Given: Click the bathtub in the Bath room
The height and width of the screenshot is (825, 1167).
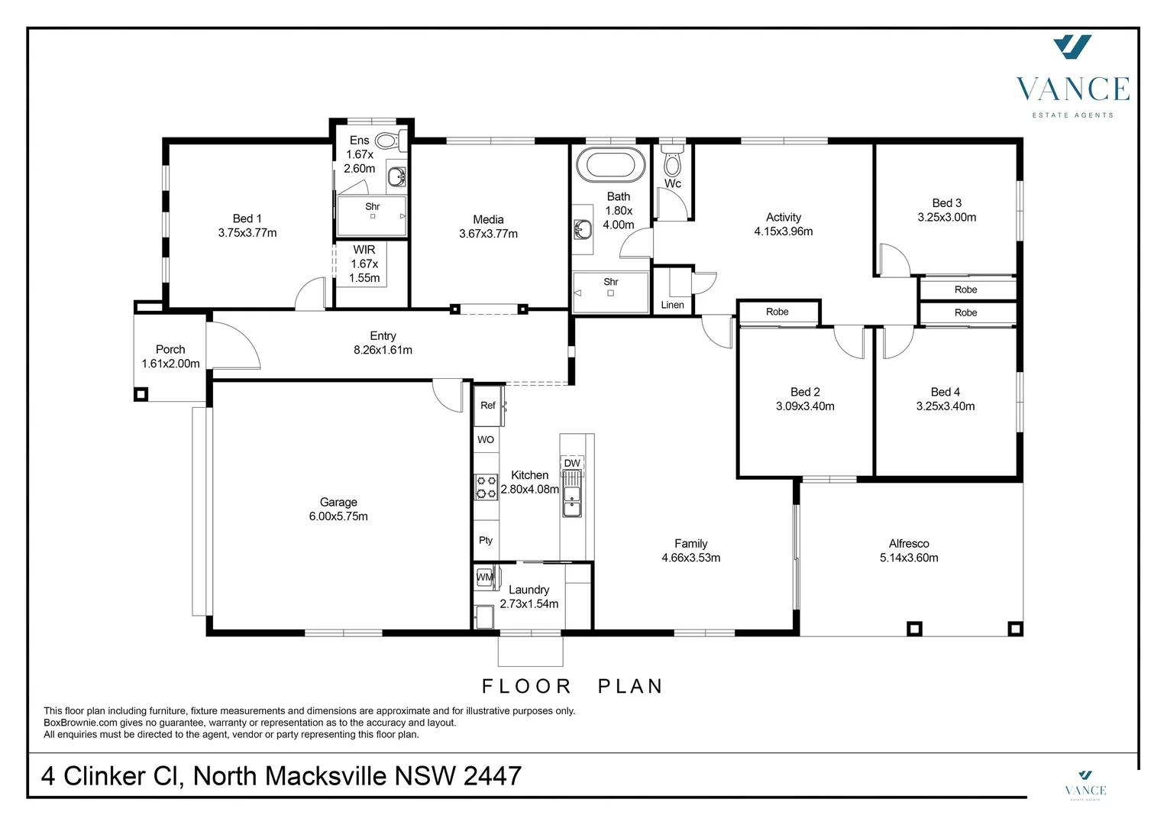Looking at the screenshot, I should tap(610, 164).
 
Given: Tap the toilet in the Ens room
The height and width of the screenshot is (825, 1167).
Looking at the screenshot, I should tap(388, 141).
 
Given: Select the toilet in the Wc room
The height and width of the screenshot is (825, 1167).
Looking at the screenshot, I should tap(672, 163).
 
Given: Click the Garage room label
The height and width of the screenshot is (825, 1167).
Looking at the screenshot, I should tap(338, 502).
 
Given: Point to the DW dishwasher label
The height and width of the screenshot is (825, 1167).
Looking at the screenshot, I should tap(572, 463).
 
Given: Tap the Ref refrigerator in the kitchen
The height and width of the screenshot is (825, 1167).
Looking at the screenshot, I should tap(488, 406).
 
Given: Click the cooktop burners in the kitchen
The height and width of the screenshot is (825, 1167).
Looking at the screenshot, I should tap(487, 487).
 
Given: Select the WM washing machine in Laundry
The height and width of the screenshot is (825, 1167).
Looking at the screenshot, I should tap(484, 577).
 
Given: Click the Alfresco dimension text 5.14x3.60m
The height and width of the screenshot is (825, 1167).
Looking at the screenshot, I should tap(909, 558).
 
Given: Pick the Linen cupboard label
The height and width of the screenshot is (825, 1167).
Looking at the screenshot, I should tap(672, 305).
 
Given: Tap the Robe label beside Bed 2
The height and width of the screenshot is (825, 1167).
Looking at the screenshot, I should tap(777, 312).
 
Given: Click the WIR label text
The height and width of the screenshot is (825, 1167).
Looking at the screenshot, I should tap(364, 250).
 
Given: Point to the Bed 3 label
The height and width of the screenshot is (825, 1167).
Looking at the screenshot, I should tap(946, 203).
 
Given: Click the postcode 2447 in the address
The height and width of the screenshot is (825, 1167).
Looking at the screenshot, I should tap(493, 776).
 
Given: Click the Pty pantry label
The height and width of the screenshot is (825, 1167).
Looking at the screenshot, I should tap(486, 540).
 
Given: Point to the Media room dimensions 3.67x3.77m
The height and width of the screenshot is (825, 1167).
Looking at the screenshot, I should tap(488, 234).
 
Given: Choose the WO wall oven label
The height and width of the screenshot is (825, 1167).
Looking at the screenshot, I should tap(486, 439).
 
